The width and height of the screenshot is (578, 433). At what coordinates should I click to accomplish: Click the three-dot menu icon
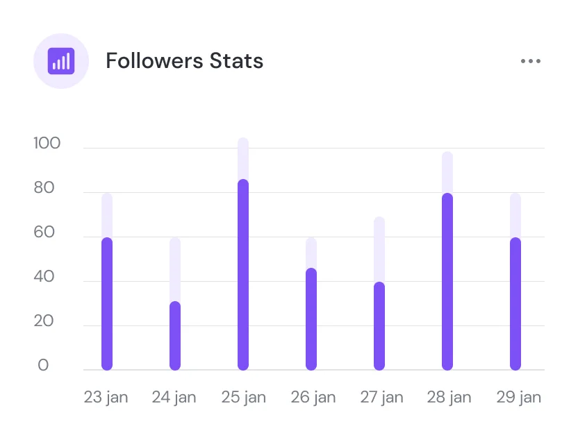(530, 61)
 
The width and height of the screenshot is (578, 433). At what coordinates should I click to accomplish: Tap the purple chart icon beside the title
(61, 61)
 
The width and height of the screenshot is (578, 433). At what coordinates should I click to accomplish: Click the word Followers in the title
(154, 61)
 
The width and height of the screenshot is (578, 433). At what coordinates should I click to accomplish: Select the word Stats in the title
(236, 61)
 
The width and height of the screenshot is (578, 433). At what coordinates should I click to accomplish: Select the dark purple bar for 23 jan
(107, 304)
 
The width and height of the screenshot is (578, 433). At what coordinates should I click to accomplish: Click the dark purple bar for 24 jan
(175, 336)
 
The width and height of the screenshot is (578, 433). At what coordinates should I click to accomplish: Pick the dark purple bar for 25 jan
(243, 275)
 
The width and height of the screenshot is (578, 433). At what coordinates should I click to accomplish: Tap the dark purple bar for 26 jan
(311, 319)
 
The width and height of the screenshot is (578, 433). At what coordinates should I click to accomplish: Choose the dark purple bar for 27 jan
(379, 326)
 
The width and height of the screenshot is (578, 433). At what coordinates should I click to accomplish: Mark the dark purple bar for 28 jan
(447, 282)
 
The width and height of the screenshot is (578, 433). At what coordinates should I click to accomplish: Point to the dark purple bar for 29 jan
(515, 304)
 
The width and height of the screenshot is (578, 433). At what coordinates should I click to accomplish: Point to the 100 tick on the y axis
(47, 144)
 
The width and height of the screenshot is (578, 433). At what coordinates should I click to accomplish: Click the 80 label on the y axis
(43, 188)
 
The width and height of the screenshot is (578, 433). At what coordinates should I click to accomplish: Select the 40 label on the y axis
(43, 277)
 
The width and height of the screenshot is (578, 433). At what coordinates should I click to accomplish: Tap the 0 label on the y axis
(43, 366)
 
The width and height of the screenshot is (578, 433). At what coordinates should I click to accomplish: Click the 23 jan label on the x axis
(106, 398)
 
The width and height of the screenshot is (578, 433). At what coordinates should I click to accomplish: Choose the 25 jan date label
(243, 398)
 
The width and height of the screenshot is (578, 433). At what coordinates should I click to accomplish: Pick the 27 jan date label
(381, 398)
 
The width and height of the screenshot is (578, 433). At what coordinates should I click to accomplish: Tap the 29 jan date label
(518, 398)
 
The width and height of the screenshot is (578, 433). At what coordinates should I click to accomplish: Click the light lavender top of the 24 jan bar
(175, 269)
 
